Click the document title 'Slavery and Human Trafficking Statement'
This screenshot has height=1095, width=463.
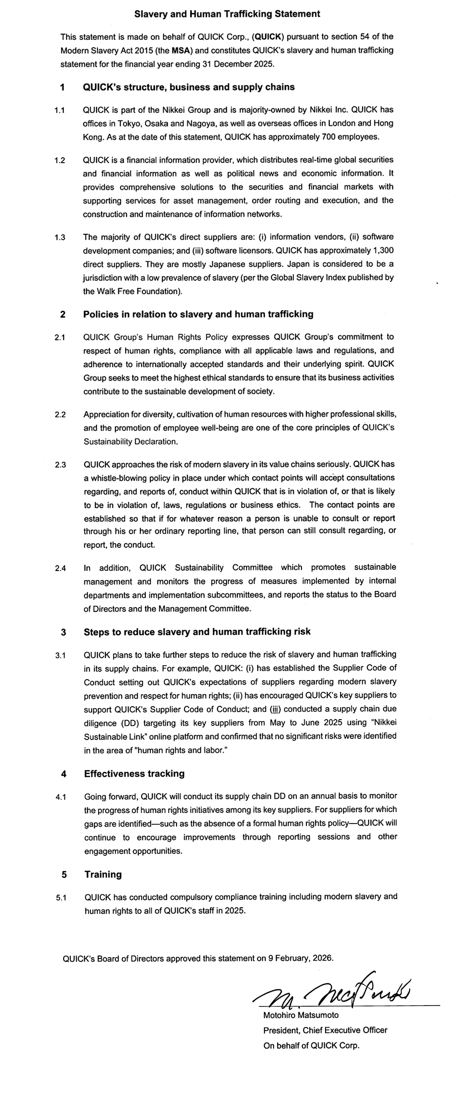pos(227,14)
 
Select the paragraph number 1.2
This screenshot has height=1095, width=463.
pos(60,160)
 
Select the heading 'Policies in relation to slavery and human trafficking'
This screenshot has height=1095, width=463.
pos(198,314)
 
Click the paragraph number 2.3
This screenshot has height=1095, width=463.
pos(60,464)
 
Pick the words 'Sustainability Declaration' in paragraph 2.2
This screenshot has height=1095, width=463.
pos(130,442)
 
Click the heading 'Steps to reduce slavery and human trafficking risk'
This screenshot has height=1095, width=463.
pos(197,632)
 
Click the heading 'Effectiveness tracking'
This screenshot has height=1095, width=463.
pos(134,774)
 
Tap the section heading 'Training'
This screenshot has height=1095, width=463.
pos(103,874)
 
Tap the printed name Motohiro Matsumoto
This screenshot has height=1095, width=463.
pos(301,1015)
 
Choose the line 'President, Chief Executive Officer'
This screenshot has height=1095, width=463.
pos(325,1030)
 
